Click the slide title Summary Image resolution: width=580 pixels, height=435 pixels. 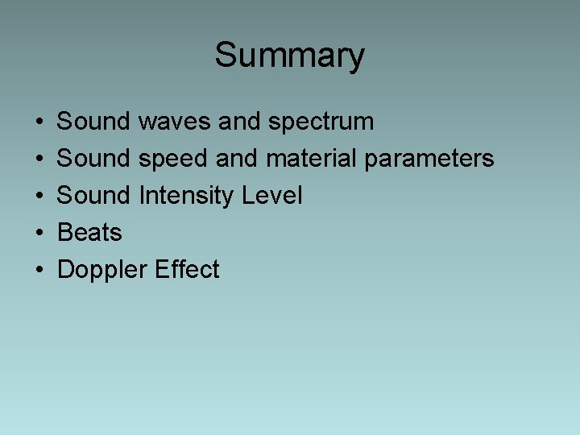(x=289, y=56)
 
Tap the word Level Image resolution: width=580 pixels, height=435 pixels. (x=275, y=196)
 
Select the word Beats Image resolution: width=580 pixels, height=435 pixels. (x=89, y=233)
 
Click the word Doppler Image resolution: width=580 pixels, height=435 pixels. (x=101, y=270)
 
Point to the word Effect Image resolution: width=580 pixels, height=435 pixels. (x=187, y=269)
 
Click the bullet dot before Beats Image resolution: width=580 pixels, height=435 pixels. (x=39, y=234)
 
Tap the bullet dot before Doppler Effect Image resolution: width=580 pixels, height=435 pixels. (x=39, y=271)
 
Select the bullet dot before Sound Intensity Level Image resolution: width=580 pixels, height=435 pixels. (x=39, y=197)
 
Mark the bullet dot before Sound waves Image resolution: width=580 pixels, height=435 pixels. (x=39, y=122)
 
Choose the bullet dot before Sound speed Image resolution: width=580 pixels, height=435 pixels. (x=39, y=159)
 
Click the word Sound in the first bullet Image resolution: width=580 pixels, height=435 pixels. (x=93, y=122)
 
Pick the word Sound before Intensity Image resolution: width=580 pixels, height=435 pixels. (x=93, y=196)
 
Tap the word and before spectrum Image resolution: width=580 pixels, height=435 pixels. (x=239, y=122)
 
